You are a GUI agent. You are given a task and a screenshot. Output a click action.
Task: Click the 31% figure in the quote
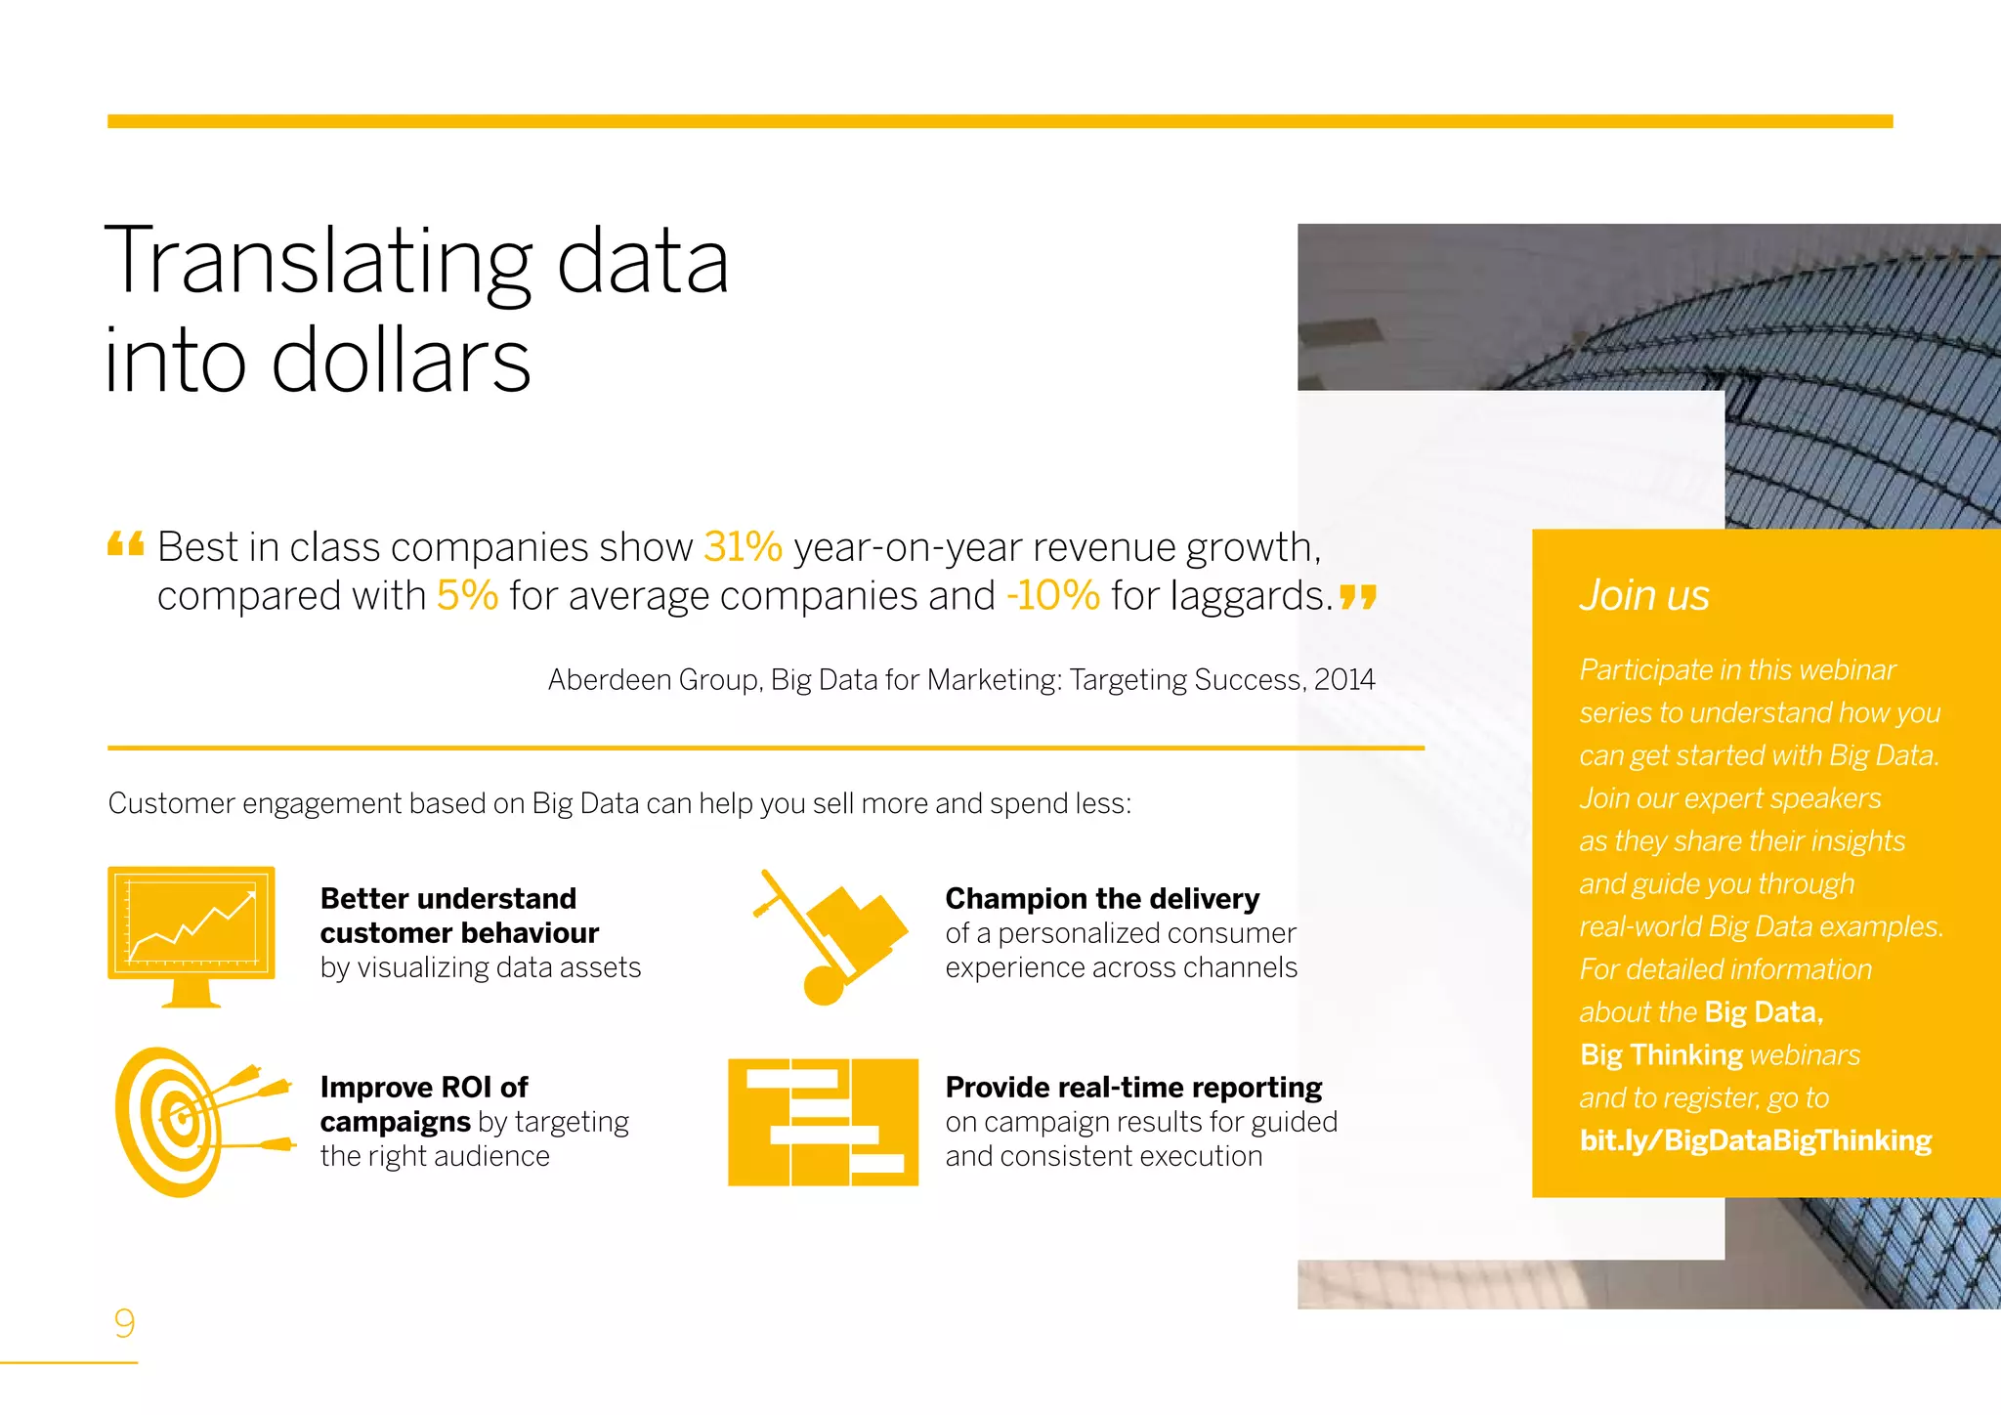[743, 547]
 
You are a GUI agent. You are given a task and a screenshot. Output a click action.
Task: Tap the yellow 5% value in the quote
[467, 596]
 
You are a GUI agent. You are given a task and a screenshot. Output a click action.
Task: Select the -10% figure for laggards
[1053, 596]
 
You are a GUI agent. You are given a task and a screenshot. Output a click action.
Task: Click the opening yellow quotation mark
[126, 543]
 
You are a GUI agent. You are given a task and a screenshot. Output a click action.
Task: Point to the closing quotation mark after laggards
[1358, 596]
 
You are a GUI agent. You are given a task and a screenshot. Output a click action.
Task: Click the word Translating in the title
[318, 262]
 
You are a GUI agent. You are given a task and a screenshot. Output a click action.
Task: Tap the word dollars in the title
[401, 362]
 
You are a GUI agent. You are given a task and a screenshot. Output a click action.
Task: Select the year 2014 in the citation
[1344, 680]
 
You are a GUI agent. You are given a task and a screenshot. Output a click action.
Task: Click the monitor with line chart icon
[192, 935]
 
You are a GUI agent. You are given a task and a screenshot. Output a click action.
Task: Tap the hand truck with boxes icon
[830, 935]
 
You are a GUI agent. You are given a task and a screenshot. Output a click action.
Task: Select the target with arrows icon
[200, 1121]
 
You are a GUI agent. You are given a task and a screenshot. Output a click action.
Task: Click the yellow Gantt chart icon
[823, 1122]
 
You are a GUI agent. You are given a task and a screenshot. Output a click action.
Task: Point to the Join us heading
[1644, 595]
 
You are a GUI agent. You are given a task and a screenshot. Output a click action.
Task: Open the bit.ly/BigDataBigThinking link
[1756, 1140]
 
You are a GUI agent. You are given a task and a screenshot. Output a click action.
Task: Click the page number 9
[124, 1323]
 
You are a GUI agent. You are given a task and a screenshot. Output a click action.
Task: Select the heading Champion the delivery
[1102, 898]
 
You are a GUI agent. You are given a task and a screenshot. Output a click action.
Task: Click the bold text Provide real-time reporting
[1133, 1087]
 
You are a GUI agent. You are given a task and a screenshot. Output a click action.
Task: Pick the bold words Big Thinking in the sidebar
[1661, 1055]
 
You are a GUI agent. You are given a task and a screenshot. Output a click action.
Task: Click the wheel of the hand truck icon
[824, 986]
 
